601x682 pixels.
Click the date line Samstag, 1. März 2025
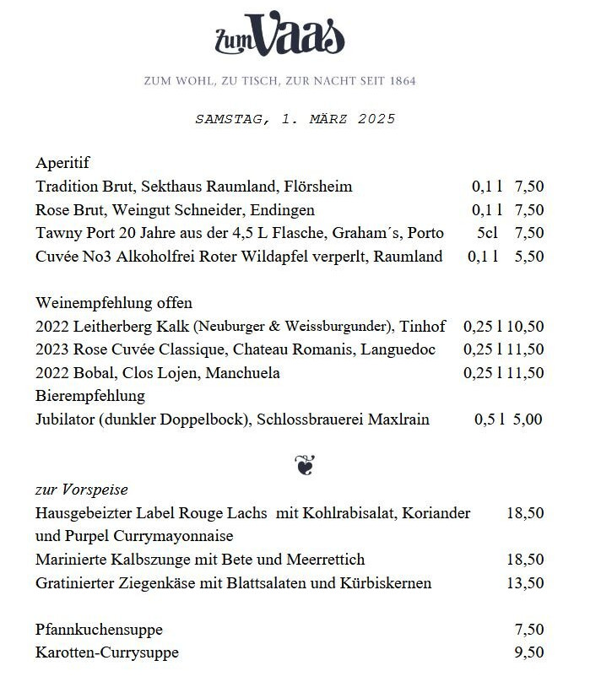pyautogui.click(x=295, y=119)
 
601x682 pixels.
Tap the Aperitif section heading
pyautogui.click(x=62, y=163)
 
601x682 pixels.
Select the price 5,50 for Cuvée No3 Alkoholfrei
pyautogui.click(x=528, y=257)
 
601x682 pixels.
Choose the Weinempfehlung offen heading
pyautogui.click(x=114, y=303)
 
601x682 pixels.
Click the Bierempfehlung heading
pyautogui.click(x=90, y=396)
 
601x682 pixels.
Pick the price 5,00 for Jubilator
pyautogui.click(x=528, y=419)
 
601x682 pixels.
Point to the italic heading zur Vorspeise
pyautogui.click(x=82, y=490)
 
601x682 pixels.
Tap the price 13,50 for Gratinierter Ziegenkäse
pyautogui.click(x=525, y=583)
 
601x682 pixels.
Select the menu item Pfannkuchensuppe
pyautogui.click(x=99, y=630)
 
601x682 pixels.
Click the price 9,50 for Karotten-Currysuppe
pyautogui.click(x=528, y=652)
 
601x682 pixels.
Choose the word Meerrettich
pyautogui.click(x=323, y=560)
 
